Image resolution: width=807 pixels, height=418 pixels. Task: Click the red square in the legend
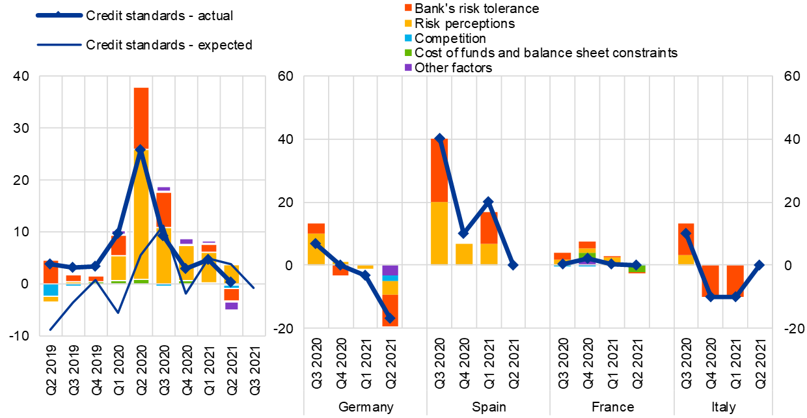[x=408, y=8]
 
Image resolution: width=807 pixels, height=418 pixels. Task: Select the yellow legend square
[x=408, y=23]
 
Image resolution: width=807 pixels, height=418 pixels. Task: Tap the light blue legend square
[x=408, y=38]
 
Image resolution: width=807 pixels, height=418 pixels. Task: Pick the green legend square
[x=408, y=52]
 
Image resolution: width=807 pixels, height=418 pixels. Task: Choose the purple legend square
[x=408, y=67]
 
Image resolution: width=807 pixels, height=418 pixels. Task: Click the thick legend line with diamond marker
[x=59, y=15]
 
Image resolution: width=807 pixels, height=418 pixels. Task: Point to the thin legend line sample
[x=59, y=45]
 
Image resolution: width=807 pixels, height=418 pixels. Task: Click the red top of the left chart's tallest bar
[x=141, y=117]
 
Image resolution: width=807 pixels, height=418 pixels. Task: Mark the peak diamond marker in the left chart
[x=140, y=150]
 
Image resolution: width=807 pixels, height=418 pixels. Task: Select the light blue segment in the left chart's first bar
[x=51, y=290]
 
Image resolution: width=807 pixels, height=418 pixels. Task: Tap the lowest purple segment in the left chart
[x=231, y=305]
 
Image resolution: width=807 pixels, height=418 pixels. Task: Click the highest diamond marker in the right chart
[x=439, y=138]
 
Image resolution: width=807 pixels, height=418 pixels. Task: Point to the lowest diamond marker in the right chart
[x=390, y=318]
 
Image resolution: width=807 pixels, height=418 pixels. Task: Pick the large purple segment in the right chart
[x=390, y=270]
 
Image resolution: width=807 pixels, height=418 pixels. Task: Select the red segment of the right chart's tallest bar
[x=439, y=170]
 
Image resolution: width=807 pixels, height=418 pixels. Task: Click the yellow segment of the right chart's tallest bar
[x=439, y=232]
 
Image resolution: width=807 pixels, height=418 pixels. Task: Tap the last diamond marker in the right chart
[x=759, y=265]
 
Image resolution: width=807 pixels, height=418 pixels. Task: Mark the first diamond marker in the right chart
[x=316, y=244]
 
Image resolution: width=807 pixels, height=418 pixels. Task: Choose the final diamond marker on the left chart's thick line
[x=230, y=282]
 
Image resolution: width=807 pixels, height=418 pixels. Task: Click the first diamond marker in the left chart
[x=50, y=264]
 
